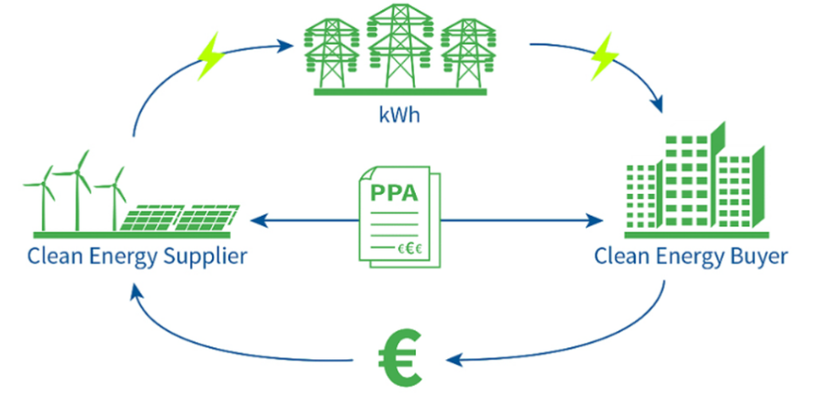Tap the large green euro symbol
coord(399,359)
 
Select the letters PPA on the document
coord(394,194)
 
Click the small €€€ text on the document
coord(410,249)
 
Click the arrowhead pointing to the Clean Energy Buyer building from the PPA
coord(595,219)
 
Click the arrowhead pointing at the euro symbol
coord(453,360)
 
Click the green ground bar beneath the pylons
coord(399,92)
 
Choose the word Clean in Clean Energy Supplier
coord(51,257)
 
